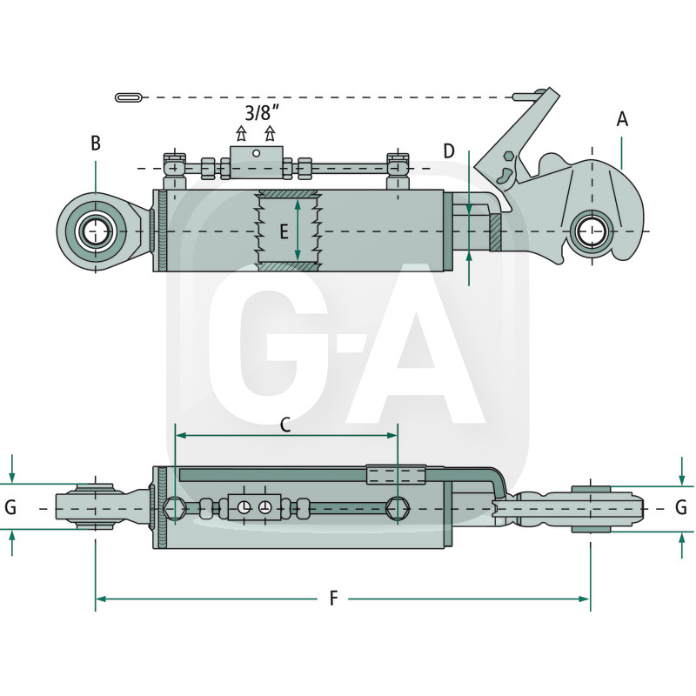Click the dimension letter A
(x=622, y=119)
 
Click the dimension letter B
(x=96, y=144)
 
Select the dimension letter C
(x=284, y=425)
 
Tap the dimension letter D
(x=449, y=151)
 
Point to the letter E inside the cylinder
(x=284, y=231)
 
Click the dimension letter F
(x=334, y=599)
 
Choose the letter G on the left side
(x=10, y=506)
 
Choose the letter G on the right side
(x=681, y=506)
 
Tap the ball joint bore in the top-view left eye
(x=94, y=231)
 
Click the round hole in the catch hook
(x=592, y=231)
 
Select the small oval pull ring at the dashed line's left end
(x=129, y=96)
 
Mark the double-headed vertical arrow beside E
(x=298, y=231)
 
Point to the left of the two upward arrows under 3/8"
(x=242, y=134)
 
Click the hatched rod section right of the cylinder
(x=494, y=231)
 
